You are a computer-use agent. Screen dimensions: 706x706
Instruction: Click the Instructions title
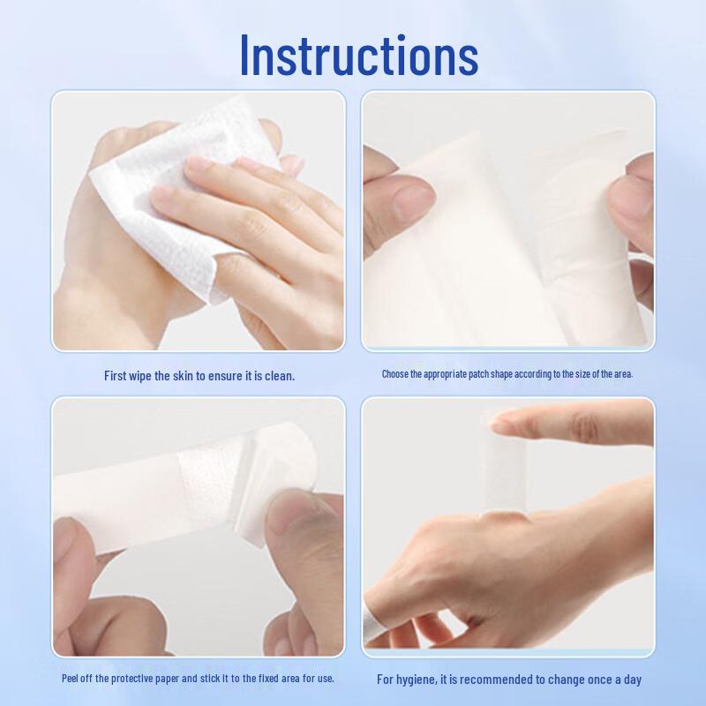[x=358, y=55]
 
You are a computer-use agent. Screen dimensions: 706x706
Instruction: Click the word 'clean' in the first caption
[x=276, y=375]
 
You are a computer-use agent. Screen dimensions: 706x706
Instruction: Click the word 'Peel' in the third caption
[x=73, y=679]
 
